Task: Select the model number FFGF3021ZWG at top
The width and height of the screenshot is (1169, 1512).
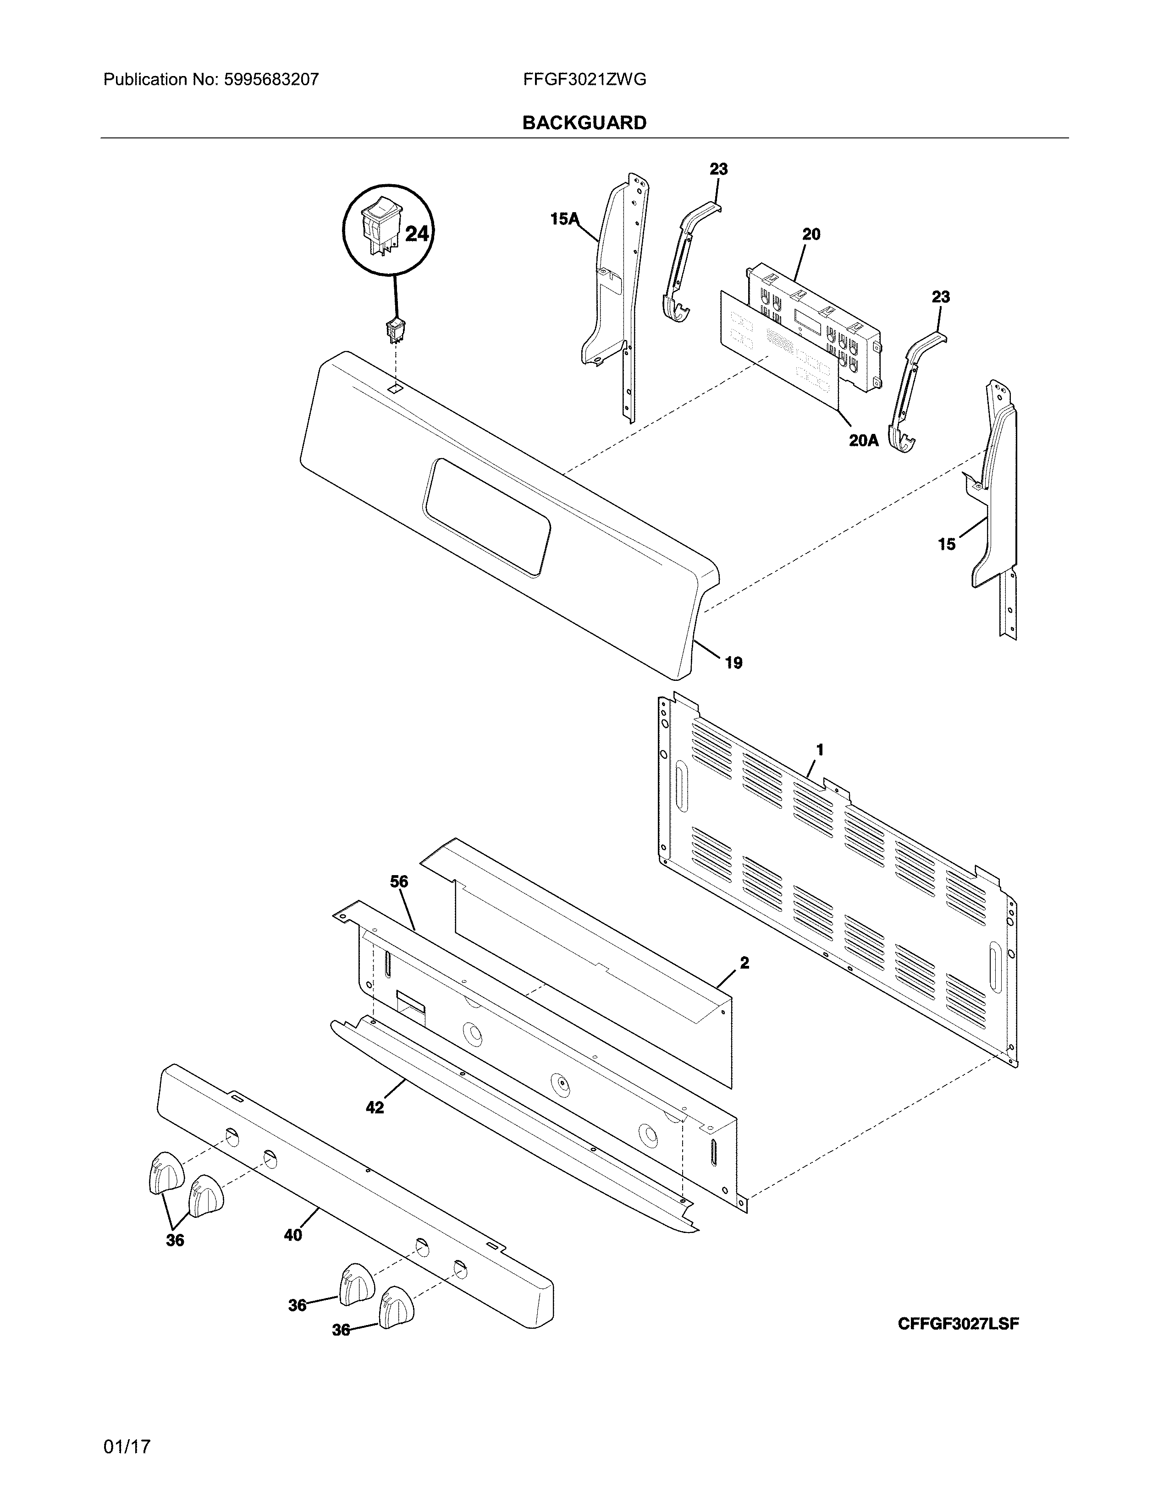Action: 584,80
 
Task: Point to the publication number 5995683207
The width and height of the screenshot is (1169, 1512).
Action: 271,80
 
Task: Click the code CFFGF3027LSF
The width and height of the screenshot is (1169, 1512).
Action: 959,1324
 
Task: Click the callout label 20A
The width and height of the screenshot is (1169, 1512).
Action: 864,440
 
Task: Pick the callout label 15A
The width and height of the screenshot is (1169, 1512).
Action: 564,219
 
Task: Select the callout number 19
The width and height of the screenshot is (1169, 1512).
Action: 733,663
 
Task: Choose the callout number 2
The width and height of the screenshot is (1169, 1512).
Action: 744,963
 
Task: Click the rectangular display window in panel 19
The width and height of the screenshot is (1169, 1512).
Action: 488,517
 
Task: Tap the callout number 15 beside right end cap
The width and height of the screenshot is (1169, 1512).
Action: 947,545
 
